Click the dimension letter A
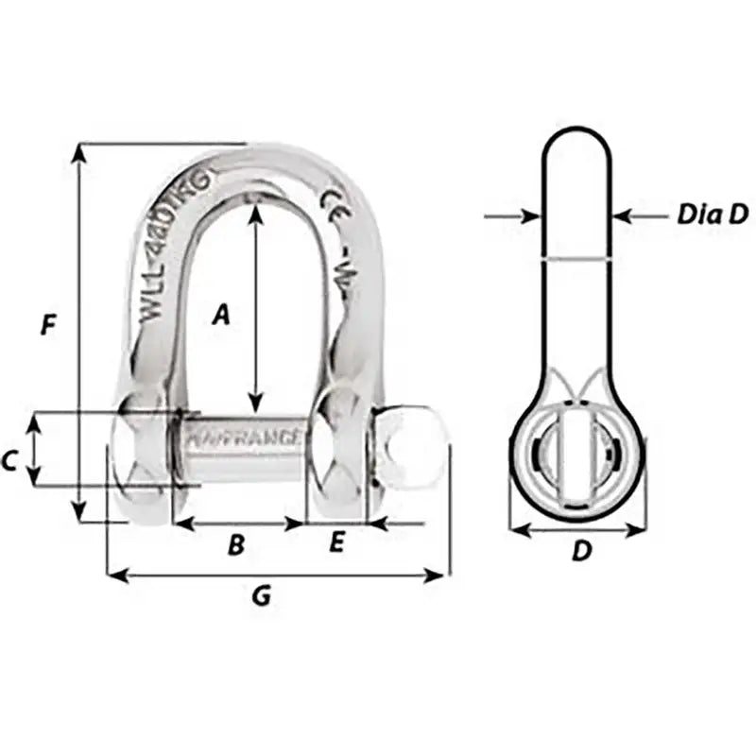(220, 314)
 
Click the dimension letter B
(237, 544)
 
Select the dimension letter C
(9, 461)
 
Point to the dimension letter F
(49, 325)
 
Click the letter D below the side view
(581, 550)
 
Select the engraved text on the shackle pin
(245, 438)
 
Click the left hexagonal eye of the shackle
(142, 449)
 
